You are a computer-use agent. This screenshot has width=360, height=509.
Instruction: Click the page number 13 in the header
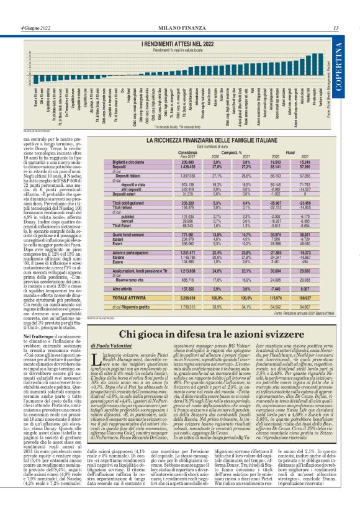tap(335, 27)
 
